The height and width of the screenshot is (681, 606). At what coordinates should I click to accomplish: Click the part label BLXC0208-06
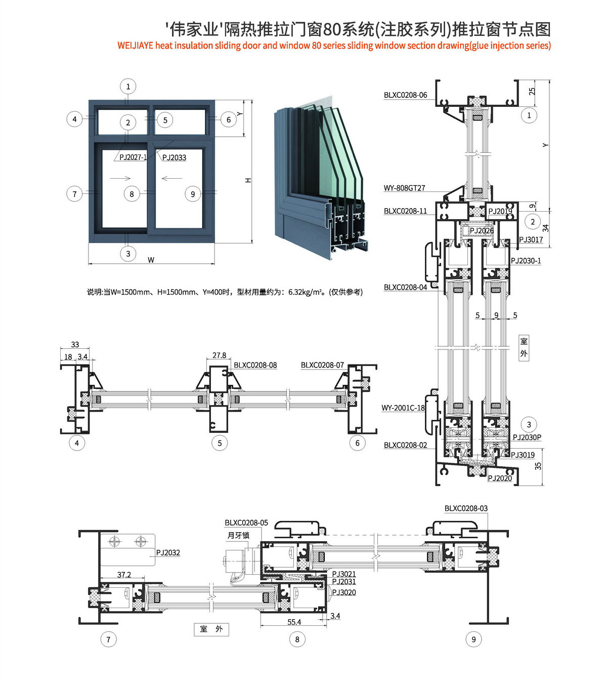pos(405,95)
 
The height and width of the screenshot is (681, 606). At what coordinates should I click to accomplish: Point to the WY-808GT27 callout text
pos(404,188)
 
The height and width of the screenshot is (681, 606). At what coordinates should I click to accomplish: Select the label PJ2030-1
pos(526,261)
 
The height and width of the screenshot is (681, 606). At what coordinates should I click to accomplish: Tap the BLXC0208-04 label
pos(405,287)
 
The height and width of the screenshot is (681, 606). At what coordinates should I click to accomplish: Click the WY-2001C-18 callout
pos(403,408)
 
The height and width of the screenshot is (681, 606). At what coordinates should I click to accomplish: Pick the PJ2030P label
pos(527,437)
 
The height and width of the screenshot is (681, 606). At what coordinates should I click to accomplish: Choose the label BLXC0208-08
pos(255,365)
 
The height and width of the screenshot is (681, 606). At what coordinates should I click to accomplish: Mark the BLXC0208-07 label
pos(322,365)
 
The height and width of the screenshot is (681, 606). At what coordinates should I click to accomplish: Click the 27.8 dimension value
pos(219,355)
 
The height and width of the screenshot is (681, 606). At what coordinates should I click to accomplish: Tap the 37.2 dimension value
pos(124,575)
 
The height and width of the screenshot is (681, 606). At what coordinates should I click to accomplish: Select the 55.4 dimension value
pos(294,622)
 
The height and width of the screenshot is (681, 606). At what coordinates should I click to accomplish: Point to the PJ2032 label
pos(168,553)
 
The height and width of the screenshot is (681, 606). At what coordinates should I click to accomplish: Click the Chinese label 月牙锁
pos(238,535)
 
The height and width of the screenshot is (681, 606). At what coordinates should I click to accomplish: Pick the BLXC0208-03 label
pos(466,508)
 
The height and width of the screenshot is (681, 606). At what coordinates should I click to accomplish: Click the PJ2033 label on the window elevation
pos(174,157)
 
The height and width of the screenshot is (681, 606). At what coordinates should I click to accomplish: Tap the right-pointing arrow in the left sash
pos(120,178)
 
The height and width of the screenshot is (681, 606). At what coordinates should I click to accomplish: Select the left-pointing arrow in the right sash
pos(172,178)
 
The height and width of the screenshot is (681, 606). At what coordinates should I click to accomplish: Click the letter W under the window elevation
pos(151,260)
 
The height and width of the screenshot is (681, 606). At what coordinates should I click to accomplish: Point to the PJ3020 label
pos(344,592)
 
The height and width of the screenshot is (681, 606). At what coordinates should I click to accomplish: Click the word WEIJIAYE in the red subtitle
pos(135,46)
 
